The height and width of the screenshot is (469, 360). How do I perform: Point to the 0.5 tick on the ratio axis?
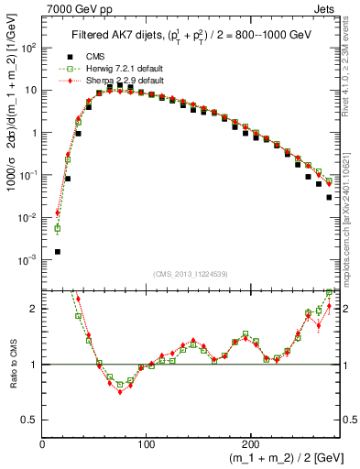click(x=30, y=420)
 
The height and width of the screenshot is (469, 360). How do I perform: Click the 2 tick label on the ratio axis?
click(x=35, y=309)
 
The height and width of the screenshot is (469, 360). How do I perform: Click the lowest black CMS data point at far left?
click(x=58, y=251)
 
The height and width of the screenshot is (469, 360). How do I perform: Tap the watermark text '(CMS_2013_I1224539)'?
click(x=190, y=272)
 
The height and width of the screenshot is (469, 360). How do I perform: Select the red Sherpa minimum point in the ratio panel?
click(x=120, y=392)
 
